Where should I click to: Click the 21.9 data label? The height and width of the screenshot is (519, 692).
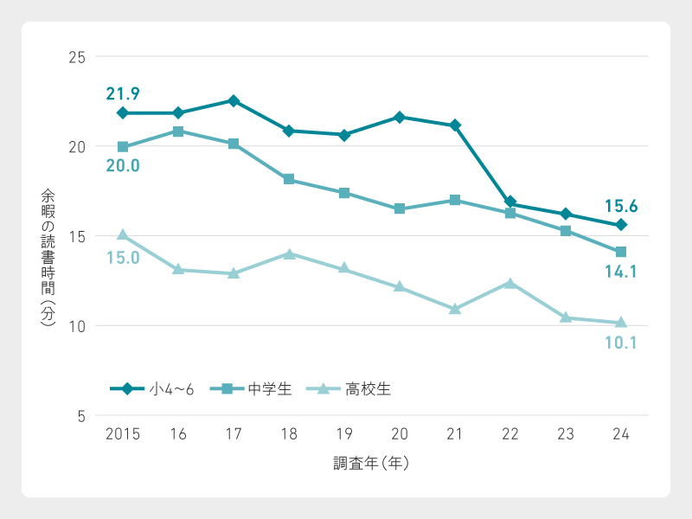coord(123,93)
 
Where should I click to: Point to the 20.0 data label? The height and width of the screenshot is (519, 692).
coord(123,166)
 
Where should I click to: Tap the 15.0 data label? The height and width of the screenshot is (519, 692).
coord(123,257)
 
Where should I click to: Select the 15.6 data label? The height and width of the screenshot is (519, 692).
coord(620,206)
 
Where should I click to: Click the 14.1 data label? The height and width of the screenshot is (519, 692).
coord(620,272)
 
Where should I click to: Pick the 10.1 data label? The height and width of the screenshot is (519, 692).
coord(620,343)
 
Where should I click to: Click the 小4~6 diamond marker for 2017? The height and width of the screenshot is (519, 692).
coord(234,100)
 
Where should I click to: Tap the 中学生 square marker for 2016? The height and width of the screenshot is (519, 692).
coord(178,131)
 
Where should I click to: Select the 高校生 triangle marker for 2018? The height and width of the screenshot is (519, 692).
coord(289,254)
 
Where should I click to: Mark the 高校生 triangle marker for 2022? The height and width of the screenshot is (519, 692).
coord(510,283)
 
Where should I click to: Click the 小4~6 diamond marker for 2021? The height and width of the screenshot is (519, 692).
coord(455,125)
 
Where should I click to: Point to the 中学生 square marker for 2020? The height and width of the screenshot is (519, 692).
coord(400,208)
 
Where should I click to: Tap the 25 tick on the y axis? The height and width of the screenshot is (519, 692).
coord(76,57)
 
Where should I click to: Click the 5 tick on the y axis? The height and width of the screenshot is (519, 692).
coord(80,416)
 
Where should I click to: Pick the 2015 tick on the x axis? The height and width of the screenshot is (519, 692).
coord(122,434)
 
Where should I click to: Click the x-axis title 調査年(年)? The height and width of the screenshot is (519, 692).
coord(372,464)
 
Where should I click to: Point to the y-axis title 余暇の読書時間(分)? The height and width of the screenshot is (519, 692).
coord(48,257)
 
